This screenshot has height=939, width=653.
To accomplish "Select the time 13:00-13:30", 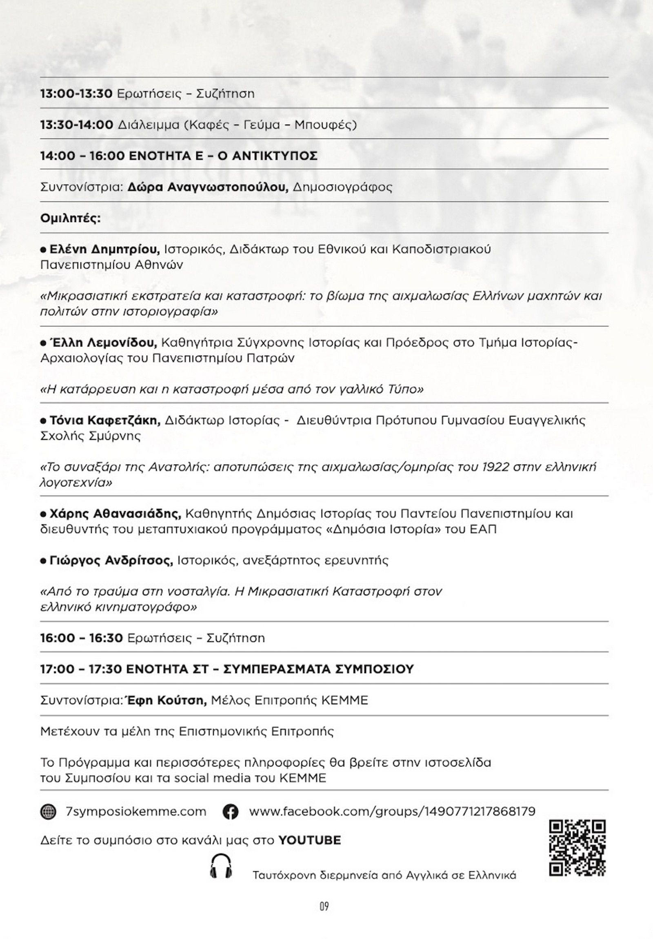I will tap(76, 93).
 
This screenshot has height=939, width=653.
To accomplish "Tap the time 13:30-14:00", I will tap(76, 125).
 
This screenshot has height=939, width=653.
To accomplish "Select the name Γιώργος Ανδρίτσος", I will tap(111, 560).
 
